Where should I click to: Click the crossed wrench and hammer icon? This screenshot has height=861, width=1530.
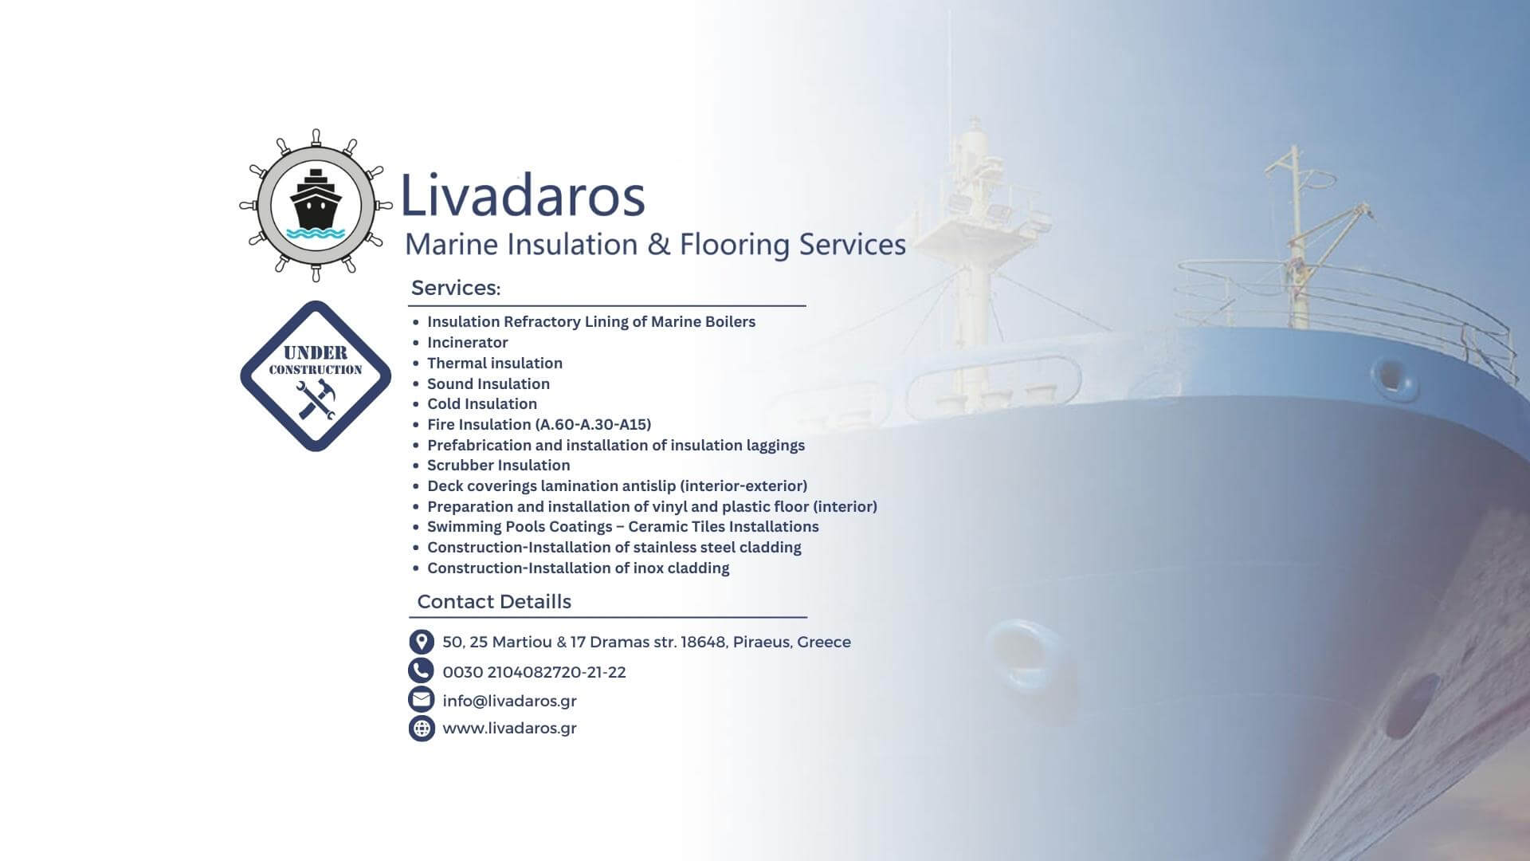pyautogui.click(x=316, y=399)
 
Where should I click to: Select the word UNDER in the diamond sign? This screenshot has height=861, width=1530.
pyautogui.click(x=316, y=352)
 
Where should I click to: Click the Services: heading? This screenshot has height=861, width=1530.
pyautogui.click(x=456, y=288)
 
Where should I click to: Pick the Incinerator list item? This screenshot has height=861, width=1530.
pyautogui.click(x=467, y=342)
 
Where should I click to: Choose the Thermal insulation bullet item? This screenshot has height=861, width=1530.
pyautogui.click(x=495, y=363)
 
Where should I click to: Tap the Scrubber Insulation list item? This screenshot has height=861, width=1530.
pyautogui.click(x=498, y=465)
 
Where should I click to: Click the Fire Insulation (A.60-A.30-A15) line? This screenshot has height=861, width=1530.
pyautogui.click(x=539, y=424)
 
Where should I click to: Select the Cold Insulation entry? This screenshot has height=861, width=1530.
pyautogui.click(x=482, y=403)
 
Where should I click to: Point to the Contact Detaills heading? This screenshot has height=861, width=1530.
pyautogui.click(x=494, y=601)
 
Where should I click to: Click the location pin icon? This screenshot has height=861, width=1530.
pyautogui.click(x=422, y=642)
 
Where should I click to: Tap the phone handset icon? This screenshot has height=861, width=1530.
pyautogui.click(x=421, y=671)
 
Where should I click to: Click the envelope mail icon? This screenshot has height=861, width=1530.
pyautogui.click(x=421, y=699)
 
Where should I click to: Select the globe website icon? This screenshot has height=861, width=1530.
pyautogui.click(x=422, y=728)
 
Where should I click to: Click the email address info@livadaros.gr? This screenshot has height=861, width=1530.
pyautogui.click(x=509, y=701)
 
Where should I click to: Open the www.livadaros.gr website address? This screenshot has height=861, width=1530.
pyautogui.click(x=509, y=728)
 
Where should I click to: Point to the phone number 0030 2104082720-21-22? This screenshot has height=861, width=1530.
pyautogui.click(x=534, y=672)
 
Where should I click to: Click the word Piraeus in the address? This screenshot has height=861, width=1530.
pyautogui.click(x=762, y=642)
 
